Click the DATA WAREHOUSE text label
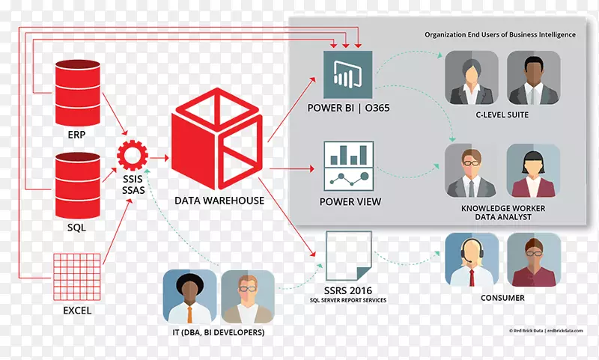[219, 201]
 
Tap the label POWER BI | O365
[348, 109]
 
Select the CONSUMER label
[502, 298]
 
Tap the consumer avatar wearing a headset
[472, 259]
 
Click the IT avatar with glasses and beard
[248, 296]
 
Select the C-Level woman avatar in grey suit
[472, 78]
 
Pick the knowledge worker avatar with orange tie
[472, 171]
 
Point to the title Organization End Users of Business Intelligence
[500, 34]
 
